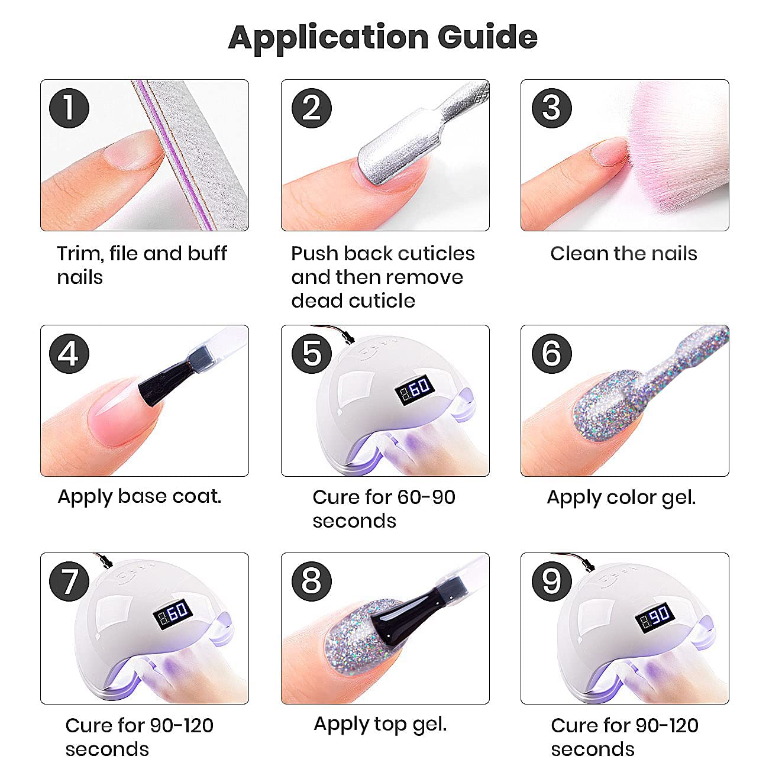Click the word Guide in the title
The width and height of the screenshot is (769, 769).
click(487, 38)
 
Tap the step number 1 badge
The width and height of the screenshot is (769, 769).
click(69, 108)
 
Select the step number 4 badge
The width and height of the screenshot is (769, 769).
click(69, 354)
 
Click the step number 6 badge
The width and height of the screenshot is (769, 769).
click(551, 354)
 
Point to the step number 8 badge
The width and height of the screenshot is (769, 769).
click(312, 581)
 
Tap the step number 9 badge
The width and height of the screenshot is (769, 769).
click(551, 581)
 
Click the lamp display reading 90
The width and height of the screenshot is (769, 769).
click(655, 617)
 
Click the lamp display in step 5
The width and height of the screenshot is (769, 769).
click(415, 389)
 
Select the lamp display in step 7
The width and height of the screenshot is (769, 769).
click(173, 614)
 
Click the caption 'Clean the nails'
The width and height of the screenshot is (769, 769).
click(623, 253)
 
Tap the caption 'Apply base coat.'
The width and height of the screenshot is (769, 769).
click(139, 497)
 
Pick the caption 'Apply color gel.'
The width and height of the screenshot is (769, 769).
click(621, 498)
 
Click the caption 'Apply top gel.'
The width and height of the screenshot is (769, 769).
click(380, 725)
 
